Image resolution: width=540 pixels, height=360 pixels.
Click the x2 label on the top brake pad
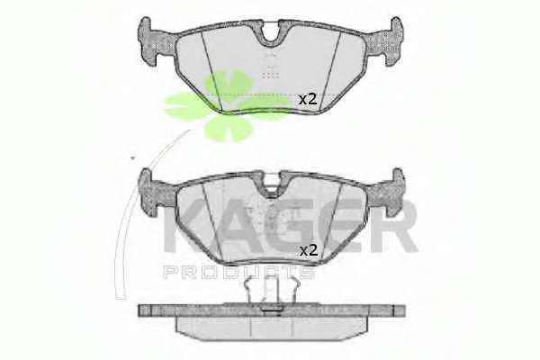point(307,100)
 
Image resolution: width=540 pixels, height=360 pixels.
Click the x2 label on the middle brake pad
point(308,250)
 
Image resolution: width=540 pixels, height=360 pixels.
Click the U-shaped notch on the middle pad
point(271,185)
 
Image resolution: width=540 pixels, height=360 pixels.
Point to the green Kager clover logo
point(226,105)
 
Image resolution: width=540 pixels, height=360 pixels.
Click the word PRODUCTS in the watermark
point(239,272)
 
